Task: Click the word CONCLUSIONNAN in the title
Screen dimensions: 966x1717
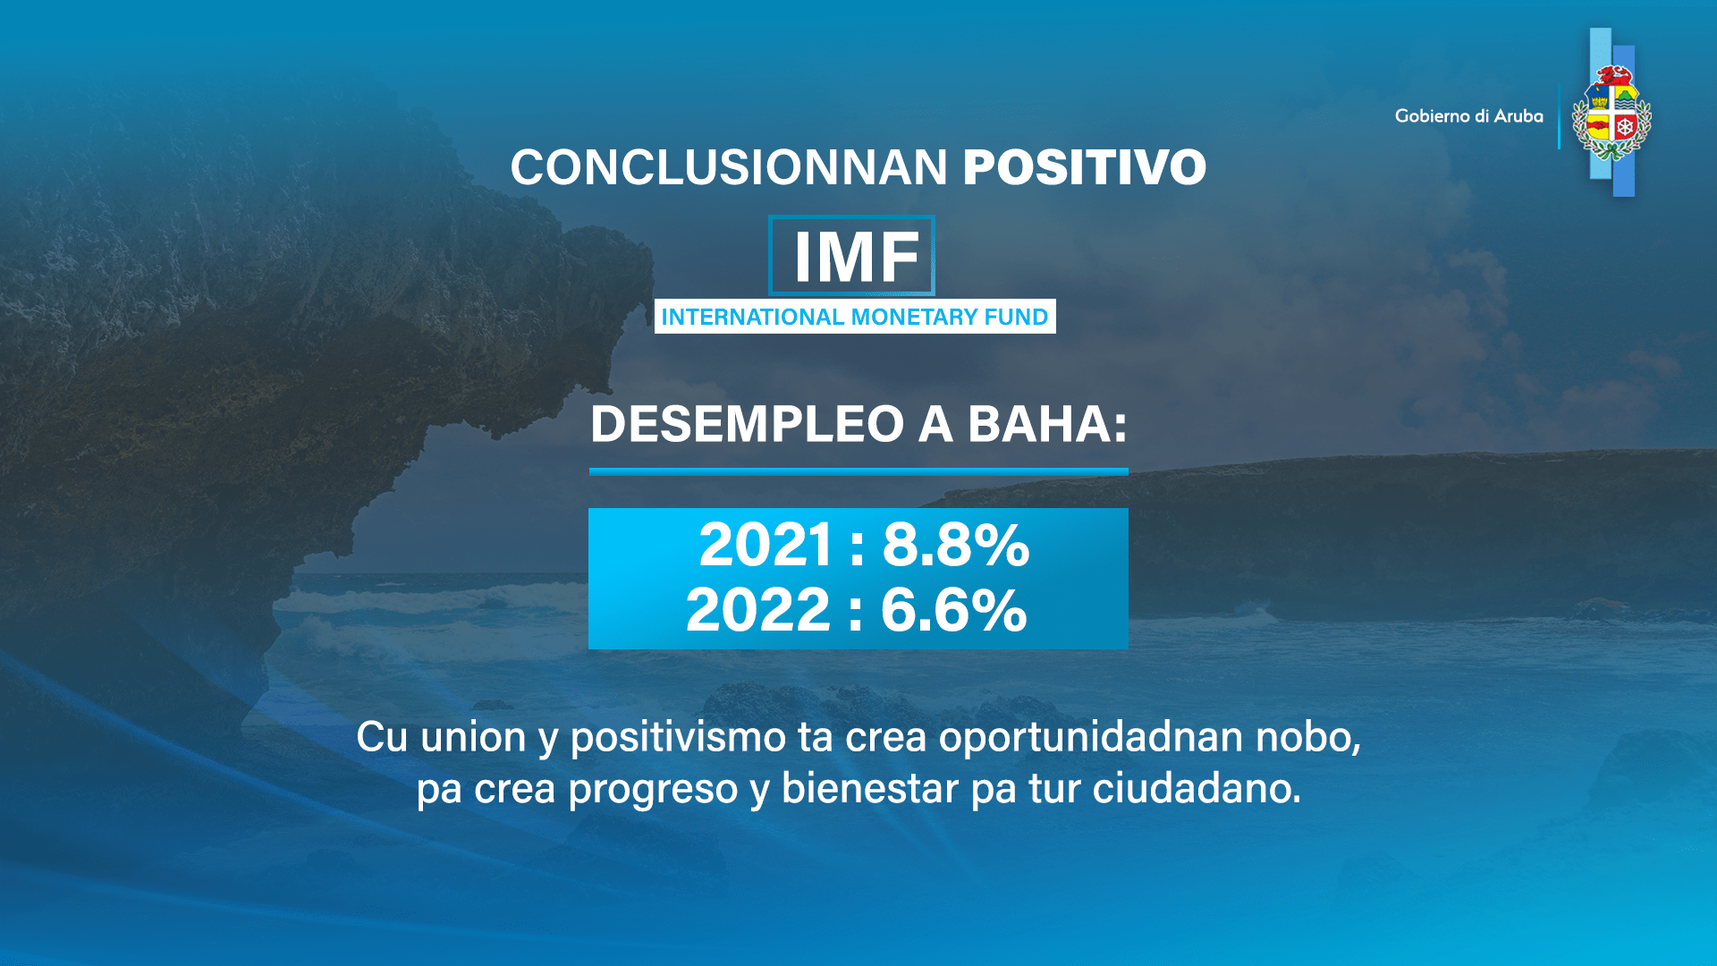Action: point(728,167)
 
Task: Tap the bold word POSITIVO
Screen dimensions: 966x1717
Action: point(1084,167)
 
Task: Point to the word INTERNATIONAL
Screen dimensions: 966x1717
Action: point(752,317)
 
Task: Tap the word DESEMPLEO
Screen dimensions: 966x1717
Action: point(747,423)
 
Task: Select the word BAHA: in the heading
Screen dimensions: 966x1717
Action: point(1047,423)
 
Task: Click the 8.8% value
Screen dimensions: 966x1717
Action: point(956,544)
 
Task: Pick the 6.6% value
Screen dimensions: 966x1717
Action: point(953,610)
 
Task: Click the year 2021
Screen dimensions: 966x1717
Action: point(765,544)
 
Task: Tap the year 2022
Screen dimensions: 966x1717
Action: point(758,610)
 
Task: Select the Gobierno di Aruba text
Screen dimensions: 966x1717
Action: point(1468,116)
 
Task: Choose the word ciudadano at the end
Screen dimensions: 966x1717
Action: point(1197,789)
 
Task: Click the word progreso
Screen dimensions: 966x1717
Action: point(653,789)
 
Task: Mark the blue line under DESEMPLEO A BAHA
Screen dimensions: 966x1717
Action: point(858,471)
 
